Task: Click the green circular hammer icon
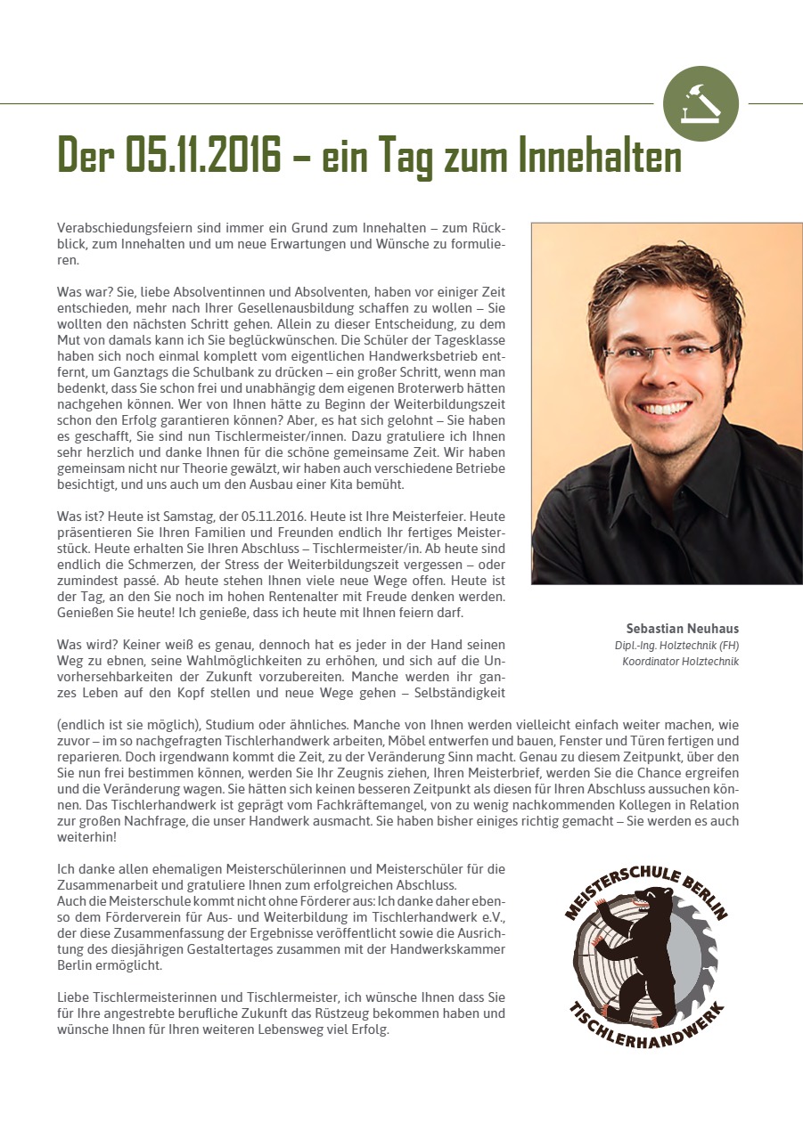click(x=701, y=103)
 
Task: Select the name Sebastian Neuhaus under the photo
click(x=684, y=627)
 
